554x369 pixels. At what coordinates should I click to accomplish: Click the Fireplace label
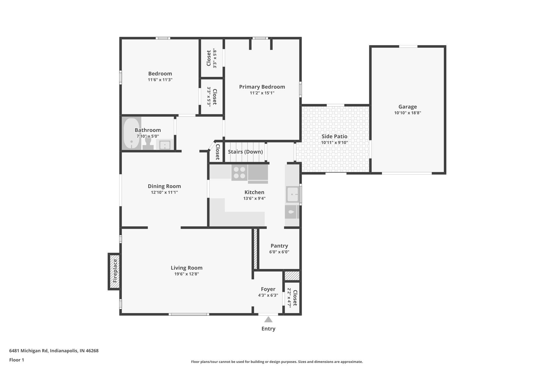click(x=115, y=271)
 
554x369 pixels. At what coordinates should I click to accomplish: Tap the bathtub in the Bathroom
click(x=131, y=133)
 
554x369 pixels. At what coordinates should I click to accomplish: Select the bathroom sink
click(x=164, y=145)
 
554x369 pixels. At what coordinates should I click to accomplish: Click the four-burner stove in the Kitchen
click(x=239, y=173)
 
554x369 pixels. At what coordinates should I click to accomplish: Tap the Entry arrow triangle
click(x=268, y=320)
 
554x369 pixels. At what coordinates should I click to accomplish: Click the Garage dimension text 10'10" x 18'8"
click(x=407, y=113)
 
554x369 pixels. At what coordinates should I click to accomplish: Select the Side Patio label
click(x=334, y=137)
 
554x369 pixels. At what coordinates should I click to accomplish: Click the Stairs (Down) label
click(x=245, y=152)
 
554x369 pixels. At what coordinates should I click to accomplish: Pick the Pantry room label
click(x=279, y=246)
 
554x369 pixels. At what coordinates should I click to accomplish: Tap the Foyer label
click(x=268, y=289)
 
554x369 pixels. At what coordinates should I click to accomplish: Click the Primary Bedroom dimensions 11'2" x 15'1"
click(x=262, y=93)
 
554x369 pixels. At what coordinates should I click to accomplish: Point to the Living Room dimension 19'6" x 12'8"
click(x=186, y=274)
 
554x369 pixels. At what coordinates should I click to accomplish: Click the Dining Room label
click(x=164, y=186)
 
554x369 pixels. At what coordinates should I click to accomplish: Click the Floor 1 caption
click(x=17, y=360)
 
